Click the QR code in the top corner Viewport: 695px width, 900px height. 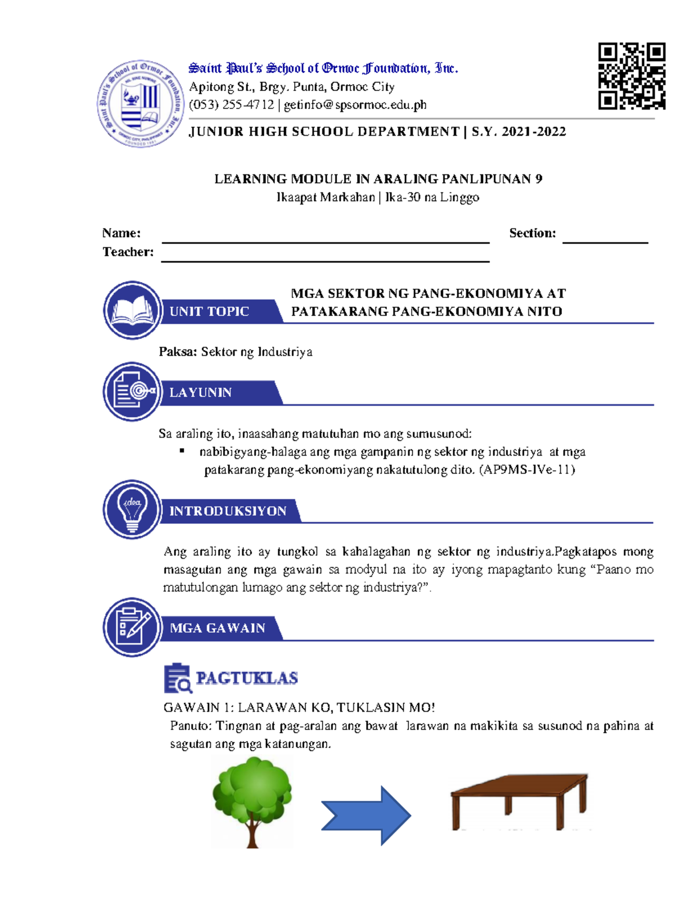[631, 76]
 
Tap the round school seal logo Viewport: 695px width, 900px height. [140, 104]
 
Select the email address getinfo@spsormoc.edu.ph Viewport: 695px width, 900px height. [355, 105]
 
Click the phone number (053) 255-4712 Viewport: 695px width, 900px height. [232, 105]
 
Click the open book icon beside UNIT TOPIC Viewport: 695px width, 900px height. [133, 310]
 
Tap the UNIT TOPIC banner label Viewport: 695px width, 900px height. [209, 311]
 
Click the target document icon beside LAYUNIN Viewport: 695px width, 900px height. [133, 391]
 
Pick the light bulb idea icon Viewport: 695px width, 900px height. [133, 509]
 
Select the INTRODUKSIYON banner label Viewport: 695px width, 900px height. [228, 511]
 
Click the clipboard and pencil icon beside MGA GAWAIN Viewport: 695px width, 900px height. [133, 627]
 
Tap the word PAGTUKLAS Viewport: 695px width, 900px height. [247, 678]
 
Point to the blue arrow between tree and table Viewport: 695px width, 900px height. [366, 815]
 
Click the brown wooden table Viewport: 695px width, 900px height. [519, 801]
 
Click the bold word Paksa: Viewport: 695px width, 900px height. [178, 352]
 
